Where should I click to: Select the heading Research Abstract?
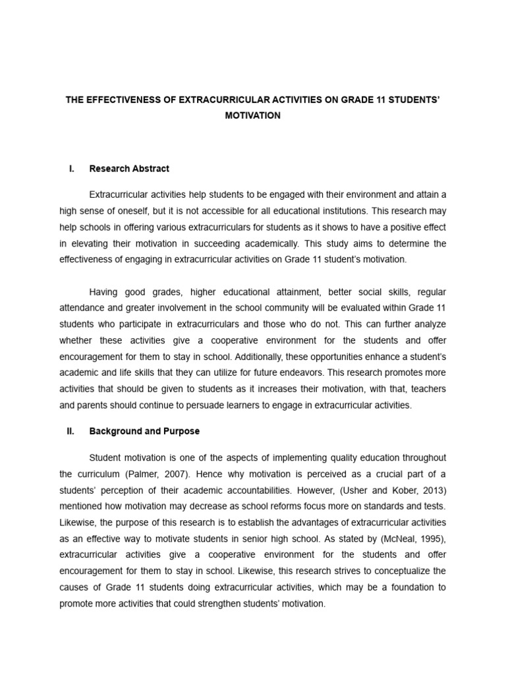point(129,169)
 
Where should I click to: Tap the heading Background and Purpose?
point(144,431)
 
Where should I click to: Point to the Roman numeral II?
point(70,431)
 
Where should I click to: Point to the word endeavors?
point(300,372)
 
